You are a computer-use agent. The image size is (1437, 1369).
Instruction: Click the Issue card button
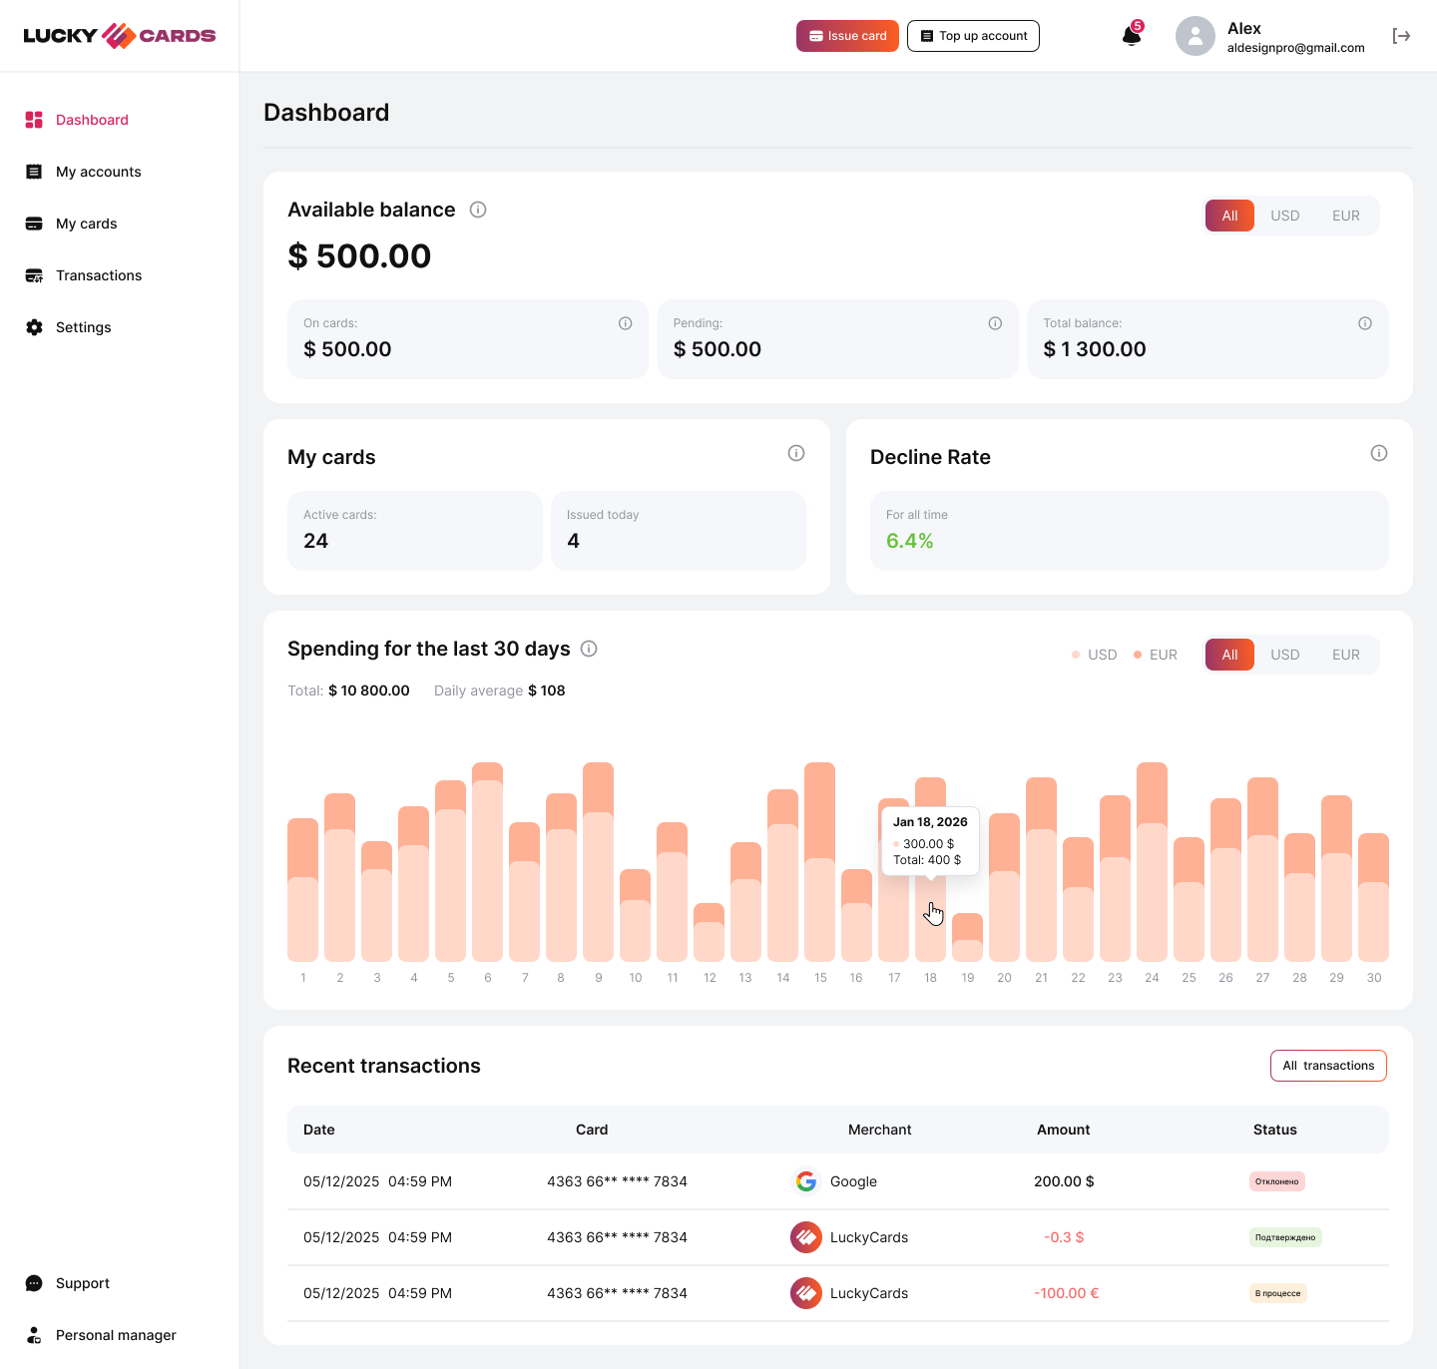(847, 36)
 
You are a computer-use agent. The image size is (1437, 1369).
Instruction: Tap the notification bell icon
(1131, 36)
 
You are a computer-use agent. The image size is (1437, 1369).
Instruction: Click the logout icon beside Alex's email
(1401, 36)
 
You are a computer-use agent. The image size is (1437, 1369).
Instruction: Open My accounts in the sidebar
(98, 172)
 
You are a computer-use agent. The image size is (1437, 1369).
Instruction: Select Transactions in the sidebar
(98, 275)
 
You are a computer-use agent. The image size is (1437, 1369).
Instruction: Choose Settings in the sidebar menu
(83, 327)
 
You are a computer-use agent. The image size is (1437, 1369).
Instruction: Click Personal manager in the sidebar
(116, 1335)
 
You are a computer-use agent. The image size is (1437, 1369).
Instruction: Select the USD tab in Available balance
(1284, 216)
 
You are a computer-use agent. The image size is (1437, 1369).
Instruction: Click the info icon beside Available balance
(478, 210)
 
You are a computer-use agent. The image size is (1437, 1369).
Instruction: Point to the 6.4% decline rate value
(910, 541)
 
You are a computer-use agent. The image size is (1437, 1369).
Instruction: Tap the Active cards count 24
(315, 541)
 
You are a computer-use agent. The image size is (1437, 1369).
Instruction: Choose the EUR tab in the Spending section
(1345, 655)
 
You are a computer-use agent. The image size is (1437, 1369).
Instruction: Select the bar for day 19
(967, 939)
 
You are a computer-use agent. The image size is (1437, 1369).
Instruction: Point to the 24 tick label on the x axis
(1152, 978)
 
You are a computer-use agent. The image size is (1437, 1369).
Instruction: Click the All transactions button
(1328, 1066)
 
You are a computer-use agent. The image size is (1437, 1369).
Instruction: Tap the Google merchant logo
(806, 1181)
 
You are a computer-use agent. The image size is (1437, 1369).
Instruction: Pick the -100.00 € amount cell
(1066, 1293)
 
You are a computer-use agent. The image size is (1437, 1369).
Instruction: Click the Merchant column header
(879, 1130)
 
